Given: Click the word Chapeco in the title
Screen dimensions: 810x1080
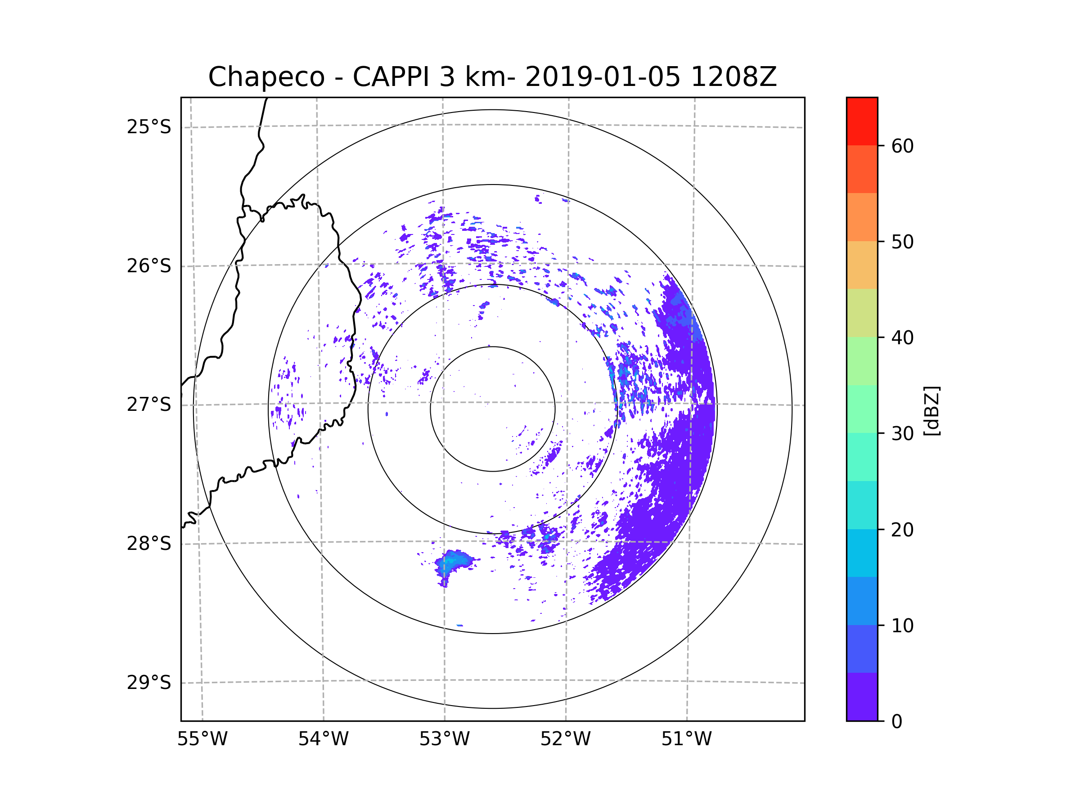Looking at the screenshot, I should pyautogui.click(x=266, y=77).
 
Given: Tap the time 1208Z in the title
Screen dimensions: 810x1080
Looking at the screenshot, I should pyautogui.click(x=733, y=77).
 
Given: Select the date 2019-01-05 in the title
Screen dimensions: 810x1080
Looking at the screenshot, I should pyautogui.click(x=603, y=77).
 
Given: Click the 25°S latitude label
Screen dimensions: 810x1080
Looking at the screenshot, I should pyautogui.click(x=149, y=127).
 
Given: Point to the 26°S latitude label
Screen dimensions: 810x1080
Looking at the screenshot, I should pyautogui.click(x=149, y=266).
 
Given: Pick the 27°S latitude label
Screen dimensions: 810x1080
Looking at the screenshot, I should pyautogui.click(x=149, y=405).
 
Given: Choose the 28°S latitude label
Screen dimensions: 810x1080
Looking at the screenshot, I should pyautogui.click(x=149, y=544).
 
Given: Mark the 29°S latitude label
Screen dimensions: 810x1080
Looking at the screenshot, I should pyautogui.click(x=149, y=683).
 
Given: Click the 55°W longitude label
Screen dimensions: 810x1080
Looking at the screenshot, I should pyautogui.click(x=202, y=739).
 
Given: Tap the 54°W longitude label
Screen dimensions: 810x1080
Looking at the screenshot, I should pyautogui.click(x=323, y=739).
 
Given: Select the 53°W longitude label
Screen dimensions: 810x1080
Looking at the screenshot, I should pyautogui.click(x=444, y=739).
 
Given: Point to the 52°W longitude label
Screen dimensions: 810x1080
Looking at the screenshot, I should pyautogui.click(x=565, y=739).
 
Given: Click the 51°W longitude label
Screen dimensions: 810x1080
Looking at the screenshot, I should pyautogui.click(x=686, y=739).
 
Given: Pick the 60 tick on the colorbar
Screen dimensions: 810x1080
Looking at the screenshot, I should pyautogui.click(x=902, y=146).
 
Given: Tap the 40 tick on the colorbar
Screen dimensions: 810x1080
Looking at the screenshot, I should pyautogui.click(x=902, y=338).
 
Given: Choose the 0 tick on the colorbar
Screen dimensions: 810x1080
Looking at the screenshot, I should pyautogui.click(x=897, y=722).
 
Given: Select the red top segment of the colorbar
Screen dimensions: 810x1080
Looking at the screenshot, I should pyautogui.click(x=862, y=121).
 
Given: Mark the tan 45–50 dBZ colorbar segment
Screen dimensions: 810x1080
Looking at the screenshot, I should pyautogui.click(x=862, y=265).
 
